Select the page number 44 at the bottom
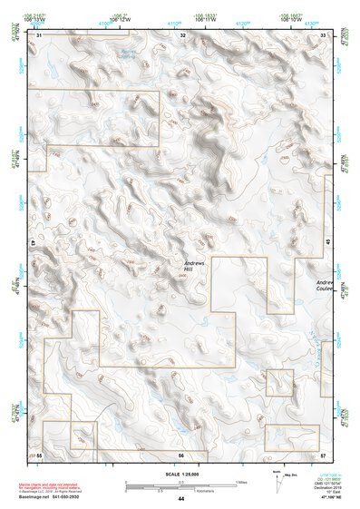click(181, 499)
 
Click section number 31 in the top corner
click(39, 34)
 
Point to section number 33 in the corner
click(324, 34)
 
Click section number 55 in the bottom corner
click(39, 454)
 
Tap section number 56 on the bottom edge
click(181, 454)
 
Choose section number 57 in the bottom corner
click(323, 454)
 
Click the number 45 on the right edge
click(327, 242)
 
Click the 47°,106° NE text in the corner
click(329, 499)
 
